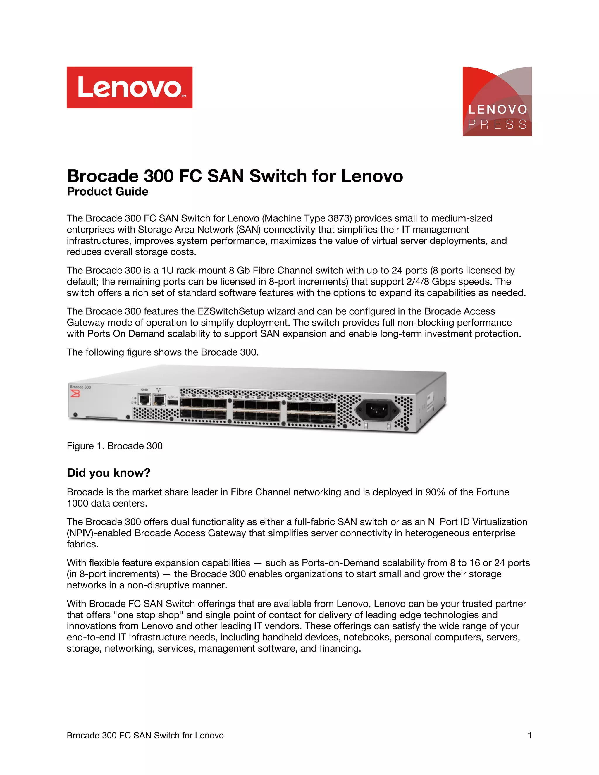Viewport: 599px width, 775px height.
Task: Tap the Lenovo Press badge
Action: (x=497, y=101)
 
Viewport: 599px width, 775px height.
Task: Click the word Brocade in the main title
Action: (x=103, y=176)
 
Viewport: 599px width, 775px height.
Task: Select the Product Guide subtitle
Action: (x=108, y=192)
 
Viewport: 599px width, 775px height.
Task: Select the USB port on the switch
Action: (x=173, y=402)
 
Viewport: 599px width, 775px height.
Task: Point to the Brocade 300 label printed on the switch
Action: (x=80, y=387)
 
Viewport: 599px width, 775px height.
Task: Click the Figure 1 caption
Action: (x=115, y=446)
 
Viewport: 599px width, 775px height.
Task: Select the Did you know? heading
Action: (x=109, y=473)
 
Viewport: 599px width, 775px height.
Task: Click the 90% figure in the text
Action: (x=436, y=492)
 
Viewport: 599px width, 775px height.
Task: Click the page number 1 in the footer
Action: (x=529, y=735)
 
